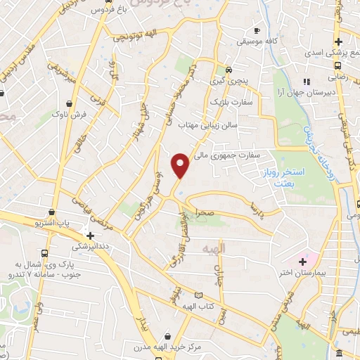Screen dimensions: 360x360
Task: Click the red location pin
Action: point(181,165)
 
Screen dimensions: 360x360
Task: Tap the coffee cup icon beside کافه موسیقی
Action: point(256,30)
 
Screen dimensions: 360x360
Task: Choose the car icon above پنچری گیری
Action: point(229,70)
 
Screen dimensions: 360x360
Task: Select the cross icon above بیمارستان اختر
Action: point(302,262)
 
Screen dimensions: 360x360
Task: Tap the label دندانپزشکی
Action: point(91,247)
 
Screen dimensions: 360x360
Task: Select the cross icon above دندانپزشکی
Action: point(90,235)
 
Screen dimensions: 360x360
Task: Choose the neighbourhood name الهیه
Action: point(211,250)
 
